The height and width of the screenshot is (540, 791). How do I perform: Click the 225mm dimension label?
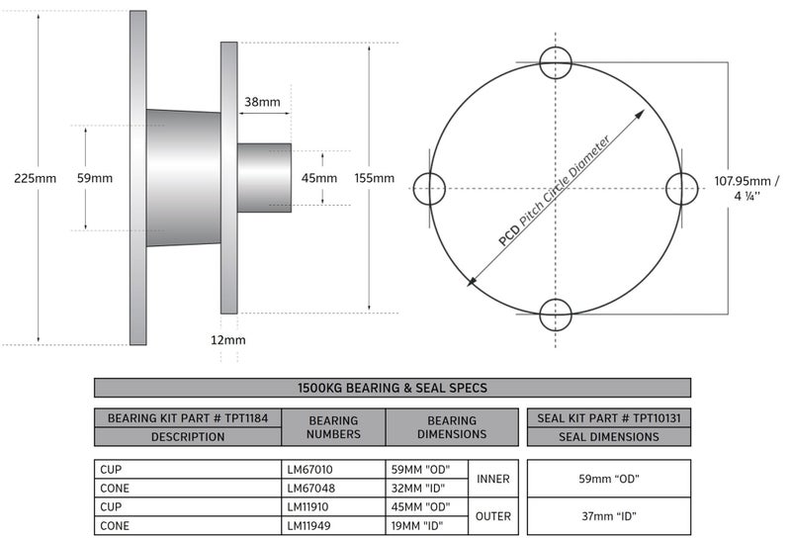click(35, 178)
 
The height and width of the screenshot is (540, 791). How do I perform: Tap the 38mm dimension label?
click(262, 102)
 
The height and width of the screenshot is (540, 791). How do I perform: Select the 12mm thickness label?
click(228, 340)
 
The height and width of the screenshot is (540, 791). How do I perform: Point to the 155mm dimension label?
click(375, 178)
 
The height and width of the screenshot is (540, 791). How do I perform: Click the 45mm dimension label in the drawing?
click(319, 178)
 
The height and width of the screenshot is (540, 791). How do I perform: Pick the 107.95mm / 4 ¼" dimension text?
click(747, 188)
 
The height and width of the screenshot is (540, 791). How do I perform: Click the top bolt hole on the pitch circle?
click(556, 62)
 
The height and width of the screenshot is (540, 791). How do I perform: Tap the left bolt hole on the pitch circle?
click(429, 188)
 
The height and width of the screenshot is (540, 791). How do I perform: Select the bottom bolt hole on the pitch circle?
click(556, 315)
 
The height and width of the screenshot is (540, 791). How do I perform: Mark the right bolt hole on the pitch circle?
click(681, 188)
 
